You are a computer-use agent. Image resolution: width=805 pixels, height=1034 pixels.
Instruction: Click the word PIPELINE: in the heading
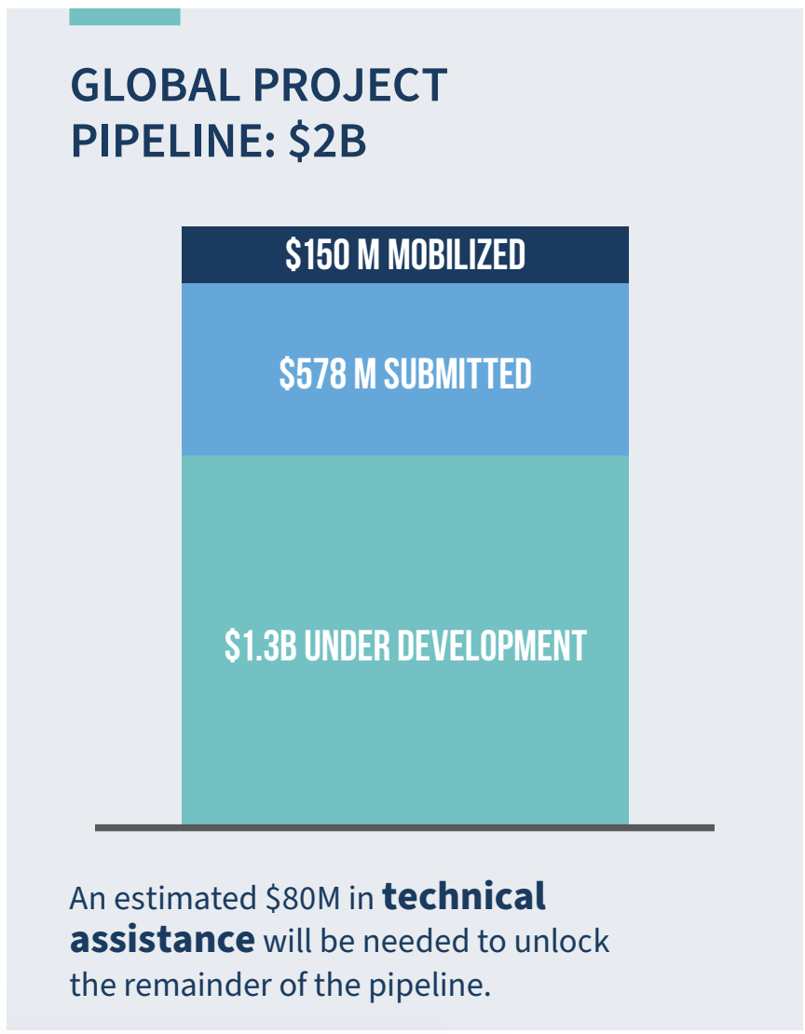172,143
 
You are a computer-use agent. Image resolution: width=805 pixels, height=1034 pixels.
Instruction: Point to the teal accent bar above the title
125,17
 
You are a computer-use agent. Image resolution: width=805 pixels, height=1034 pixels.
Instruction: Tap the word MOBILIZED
456,255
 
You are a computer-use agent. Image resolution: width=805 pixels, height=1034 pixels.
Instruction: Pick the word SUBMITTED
457,374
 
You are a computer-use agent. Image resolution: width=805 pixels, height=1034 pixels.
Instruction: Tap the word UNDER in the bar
348,646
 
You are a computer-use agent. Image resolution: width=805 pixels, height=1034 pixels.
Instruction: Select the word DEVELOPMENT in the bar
493,646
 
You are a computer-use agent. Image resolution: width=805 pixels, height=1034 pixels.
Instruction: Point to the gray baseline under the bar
404,827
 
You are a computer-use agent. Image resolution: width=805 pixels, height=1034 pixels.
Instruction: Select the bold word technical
464,897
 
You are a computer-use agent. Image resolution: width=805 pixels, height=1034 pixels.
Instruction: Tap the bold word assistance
162,939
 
